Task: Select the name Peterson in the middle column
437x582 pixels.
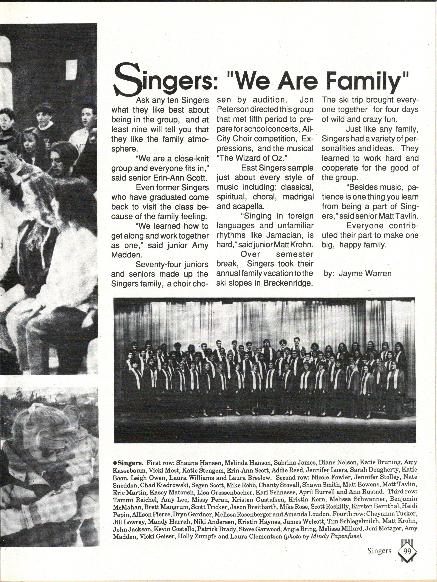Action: [x=232, y=110]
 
